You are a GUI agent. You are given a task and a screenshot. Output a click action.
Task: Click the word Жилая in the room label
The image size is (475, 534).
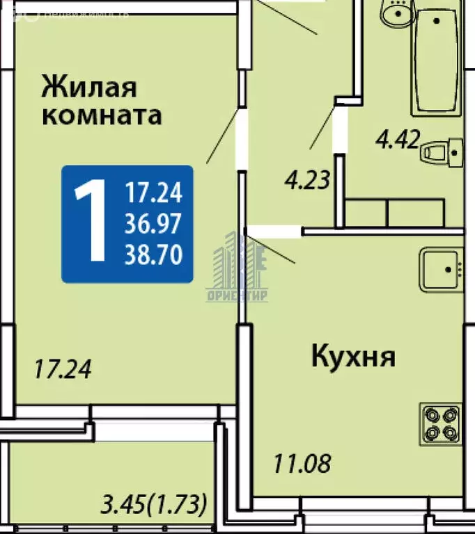90,88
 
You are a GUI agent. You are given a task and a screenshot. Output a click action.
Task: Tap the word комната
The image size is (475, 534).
102,115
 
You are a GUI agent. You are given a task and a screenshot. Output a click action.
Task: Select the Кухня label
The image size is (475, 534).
353,357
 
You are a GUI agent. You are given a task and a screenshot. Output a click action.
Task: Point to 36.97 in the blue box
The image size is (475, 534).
153,224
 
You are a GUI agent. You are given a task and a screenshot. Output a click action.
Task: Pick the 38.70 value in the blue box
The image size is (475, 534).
153,255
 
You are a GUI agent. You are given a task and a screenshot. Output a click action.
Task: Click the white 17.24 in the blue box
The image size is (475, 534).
153,192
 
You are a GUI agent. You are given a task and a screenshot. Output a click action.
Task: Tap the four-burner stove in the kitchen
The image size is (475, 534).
441,423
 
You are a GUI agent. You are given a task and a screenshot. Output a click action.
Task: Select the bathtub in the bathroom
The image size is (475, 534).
436,63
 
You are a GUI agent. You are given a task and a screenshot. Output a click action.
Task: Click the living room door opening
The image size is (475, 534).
241,139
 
